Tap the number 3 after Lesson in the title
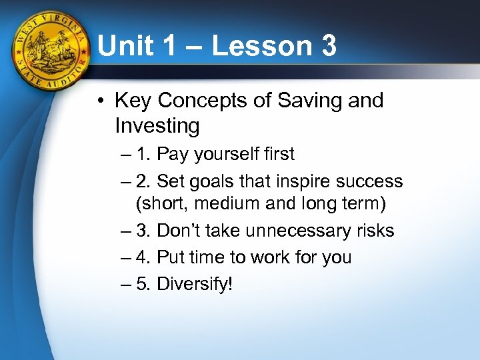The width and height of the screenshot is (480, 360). click(326, 47)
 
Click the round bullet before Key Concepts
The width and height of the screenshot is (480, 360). click(99, 101)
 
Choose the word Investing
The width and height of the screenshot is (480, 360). click(157, 125)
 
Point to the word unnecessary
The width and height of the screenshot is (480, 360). click(289, 231)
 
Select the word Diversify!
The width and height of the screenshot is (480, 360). click(195, 285)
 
